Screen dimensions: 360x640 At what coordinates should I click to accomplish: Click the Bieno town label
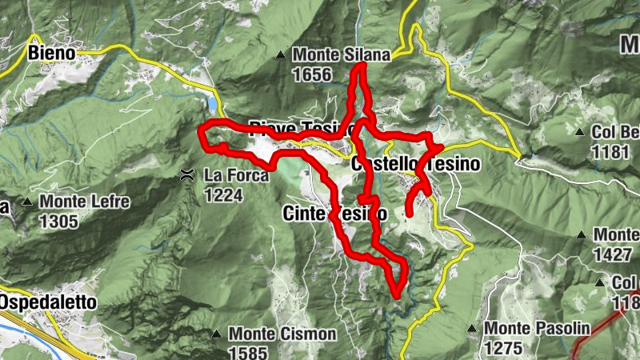point(51,53)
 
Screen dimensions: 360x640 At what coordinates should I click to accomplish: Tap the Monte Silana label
point(341,55)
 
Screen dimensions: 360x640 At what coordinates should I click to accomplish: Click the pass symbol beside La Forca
point(186,174)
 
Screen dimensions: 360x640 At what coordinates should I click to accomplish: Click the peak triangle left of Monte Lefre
point(28,202)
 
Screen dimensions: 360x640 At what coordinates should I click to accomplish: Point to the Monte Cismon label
point(282,333)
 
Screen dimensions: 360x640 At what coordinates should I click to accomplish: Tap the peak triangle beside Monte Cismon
point(216,334)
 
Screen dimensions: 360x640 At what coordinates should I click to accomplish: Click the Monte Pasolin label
point(537,329)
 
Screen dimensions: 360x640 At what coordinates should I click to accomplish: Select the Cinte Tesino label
point(335,214)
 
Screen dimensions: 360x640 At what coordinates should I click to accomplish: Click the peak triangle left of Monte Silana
point(280,55)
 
